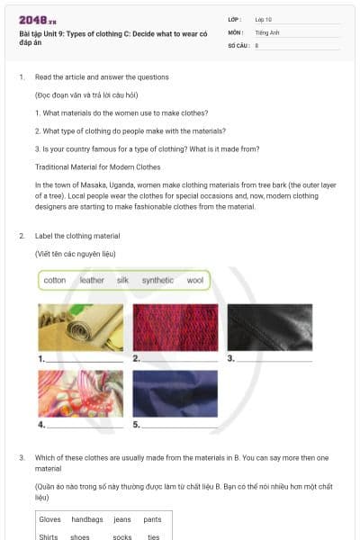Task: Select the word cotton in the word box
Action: click(55, 281)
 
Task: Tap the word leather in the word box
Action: click(92, 281)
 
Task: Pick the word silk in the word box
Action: click(122, 281)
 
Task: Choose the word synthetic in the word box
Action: click(157, 281)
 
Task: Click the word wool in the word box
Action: click(194, 281)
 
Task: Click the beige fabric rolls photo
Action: click(80, 328)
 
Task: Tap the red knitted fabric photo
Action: click(175, 328)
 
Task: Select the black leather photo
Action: click(269, 328)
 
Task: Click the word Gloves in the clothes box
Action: click(49, 519)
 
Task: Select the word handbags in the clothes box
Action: click(87, 519)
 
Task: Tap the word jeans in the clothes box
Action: click(122, 519)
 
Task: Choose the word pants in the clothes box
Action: click(152, 519)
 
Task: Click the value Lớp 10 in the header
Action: click(264, 19)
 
